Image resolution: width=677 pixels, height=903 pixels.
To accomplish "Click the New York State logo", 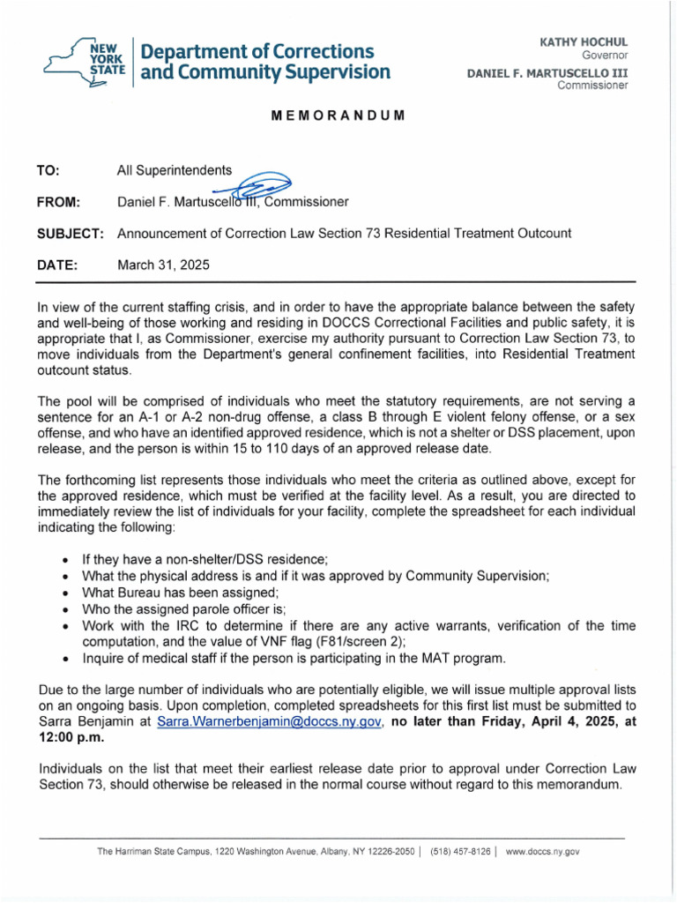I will point(85,62).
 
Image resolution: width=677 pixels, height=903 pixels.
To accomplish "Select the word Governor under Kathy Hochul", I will point(603,56).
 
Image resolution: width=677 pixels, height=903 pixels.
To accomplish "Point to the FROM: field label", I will point(59,202).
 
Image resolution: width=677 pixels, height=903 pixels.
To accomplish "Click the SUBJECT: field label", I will point(71,234).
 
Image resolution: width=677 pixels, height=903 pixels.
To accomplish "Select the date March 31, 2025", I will point(164,265).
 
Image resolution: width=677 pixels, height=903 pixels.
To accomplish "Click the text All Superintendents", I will point(175,171).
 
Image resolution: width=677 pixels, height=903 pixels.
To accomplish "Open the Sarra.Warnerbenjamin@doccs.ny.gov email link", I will point(269,721).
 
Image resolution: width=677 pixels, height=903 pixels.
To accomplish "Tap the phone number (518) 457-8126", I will point(459,852).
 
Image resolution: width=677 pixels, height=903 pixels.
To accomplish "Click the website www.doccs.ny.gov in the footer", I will point(542,852).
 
